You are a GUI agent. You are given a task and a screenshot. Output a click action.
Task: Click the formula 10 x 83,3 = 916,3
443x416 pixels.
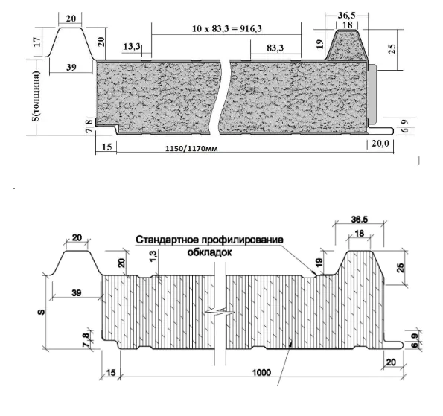coord(227,28)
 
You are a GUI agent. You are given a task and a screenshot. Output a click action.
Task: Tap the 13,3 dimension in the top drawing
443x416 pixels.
coord(131,46)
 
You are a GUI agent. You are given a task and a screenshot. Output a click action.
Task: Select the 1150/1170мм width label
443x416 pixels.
coord(191,148)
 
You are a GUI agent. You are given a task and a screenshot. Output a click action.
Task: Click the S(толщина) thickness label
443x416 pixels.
coord(36,96)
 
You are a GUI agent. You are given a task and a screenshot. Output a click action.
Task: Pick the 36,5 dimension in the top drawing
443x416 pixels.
coord(346,15)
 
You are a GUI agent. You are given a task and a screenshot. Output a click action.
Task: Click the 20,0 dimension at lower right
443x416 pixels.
coord(380,144)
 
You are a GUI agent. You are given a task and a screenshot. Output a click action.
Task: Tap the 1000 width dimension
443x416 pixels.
coord(261,373)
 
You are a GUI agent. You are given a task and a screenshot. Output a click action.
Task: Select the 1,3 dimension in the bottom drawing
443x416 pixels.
coord(153,257)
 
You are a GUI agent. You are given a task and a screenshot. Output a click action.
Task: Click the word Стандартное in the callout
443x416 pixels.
coord(168,240)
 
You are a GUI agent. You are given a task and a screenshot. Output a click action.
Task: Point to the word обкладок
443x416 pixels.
coord(209,252)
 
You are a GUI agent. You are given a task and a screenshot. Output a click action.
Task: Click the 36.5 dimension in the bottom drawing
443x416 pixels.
coord(360,220)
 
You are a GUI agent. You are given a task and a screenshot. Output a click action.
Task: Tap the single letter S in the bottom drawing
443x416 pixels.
coord(42,312)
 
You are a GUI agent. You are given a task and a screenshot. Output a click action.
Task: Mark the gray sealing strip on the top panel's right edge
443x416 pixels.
coord(373,94)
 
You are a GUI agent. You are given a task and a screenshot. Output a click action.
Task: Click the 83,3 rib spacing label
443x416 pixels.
coord(275,48)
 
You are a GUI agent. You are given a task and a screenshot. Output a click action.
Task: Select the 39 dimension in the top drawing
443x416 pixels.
coord(71,67)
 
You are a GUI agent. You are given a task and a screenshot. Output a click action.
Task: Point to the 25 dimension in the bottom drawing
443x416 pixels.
coord(401,267)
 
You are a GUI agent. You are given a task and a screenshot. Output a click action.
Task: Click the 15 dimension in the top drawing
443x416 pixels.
coord(106,147)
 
